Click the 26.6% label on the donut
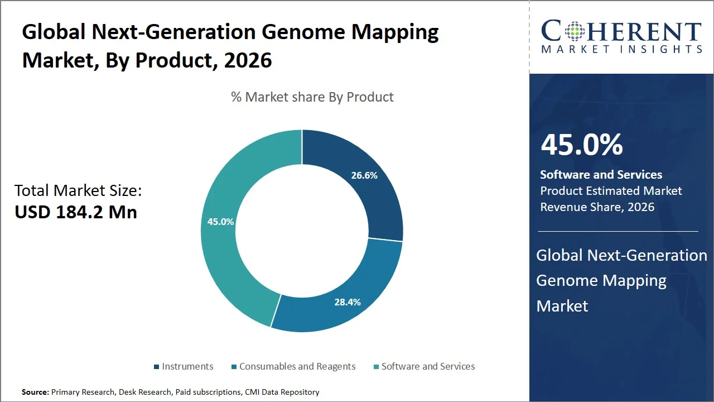point(364,175)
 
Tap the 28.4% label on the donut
point(348,302)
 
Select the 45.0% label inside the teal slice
point(220,222)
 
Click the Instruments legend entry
point(187,366)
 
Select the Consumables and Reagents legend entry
point(297,366)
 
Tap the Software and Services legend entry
point(428,366)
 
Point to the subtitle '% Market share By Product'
point(312,97)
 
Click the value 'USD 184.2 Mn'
point(76,212)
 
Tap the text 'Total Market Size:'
point(78,191)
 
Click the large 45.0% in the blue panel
point(582,144)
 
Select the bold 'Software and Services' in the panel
point(601,175)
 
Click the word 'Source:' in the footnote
point(35,392)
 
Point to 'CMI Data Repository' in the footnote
point(282,392)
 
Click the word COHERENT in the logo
point(621,31)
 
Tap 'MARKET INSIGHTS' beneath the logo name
point(621,50)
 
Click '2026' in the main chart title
point(248,59)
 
